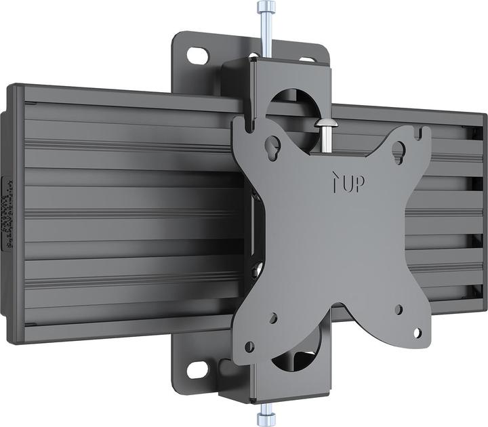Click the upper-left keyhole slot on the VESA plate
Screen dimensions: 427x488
coord(275,144)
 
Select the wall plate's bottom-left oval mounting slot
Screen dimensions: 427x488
coord(197,370)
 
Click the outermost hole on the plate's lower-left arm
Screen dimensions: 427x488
coord(249,346)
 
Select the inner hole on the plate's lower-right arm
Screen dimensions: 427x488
coord(398,310)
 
